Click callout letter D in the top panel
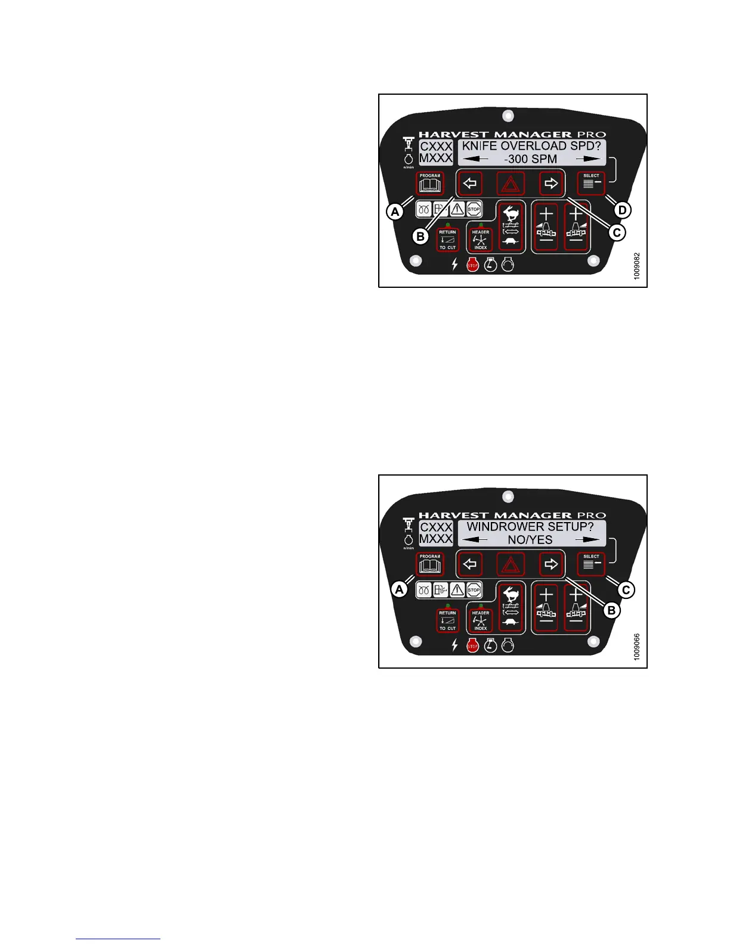[622, 210]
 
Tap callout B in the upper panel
[420, 237]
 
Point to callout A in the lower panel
[398, 590]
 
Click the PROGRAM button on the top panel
[430, 184]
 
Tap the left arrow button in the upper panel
[470, 184]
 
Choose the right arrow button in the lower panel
[551, 564]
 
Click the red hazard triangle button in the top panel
[510, 184]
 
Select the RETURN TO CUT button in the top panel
[447, 240]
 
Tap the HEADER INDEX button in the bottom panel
[480, 620]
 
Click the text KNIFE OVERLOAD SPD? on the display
[531, 146]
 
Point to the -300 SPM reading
[530, 159]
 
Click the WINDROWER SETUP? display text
[530, 527]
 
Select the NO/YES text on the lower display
[530, 540]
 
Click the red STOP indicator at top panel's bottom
[472, 265]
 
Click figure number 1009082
[637, 266]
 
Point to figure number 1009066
[637, 647]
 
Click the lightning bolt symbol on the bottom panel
[455, 645]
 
